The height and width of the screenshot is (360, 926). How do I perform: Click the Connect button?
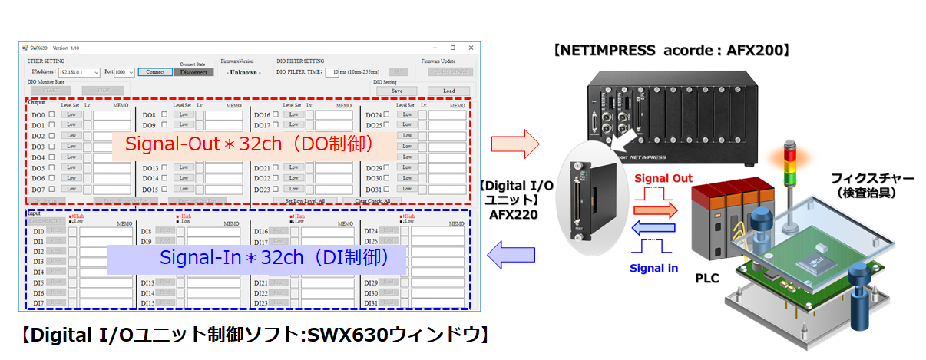click(155, 72)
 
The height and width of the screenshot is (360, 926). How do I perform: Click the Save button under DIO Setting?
click(397, 91)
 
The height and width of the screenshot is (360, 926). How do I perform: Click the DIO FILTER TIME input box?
click(332, 72)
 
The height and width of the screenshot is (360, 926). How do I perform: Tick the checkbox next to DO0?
click(51, 114)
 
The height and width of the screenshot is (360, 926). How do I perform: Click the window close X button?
click(472, 48)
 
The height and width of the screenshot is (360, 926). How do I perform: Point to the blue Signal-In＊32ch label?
click(256, 258)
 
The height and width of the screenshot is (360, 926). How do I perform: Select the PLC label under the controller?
click(707, 278)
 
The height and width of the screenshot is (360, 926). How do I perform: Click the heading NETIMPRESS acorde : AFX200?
click(671, 51)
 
